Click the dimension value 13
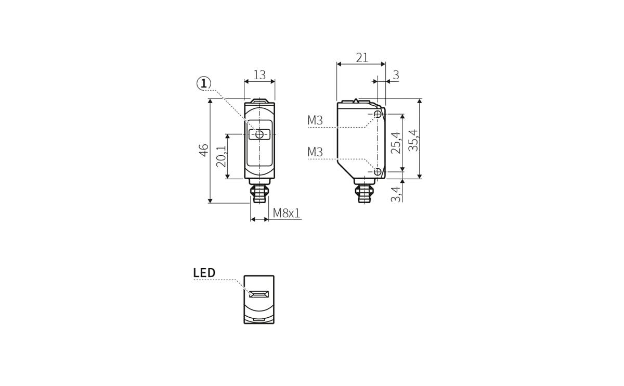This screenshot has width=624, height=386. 259,75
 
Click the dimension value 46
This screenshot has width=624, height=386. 204,151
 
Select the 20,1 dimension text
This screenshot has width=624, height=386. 221,156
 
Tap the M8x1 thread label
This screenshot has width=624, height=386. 287,213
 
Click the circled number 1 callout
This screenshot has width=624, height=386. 204,83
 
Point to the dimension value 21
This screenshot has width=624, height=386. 362,58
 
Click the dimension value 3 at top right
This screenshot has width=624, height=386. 396,76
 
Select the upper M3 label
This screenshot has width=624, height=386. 315,121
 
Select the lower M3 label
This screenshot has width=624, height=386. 315,153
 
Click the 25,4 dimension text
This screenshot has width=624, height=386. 396,142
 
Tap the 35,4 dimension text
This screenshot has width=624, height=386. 413,140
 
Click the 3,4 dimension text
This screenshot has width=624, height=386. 396,194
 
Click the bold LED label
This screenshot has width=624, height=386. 204,273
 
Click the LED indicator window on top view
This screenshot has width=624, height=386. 259,294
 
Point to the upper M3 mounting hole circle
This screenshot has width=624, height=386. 378,114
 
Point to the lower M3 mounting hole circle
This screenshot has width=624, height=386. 378,171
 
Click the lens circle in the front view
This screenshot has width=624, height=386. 259,135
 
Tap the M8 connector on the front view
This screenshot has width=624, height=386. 259,192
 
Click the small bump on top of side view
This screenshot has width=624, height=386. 356,100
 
